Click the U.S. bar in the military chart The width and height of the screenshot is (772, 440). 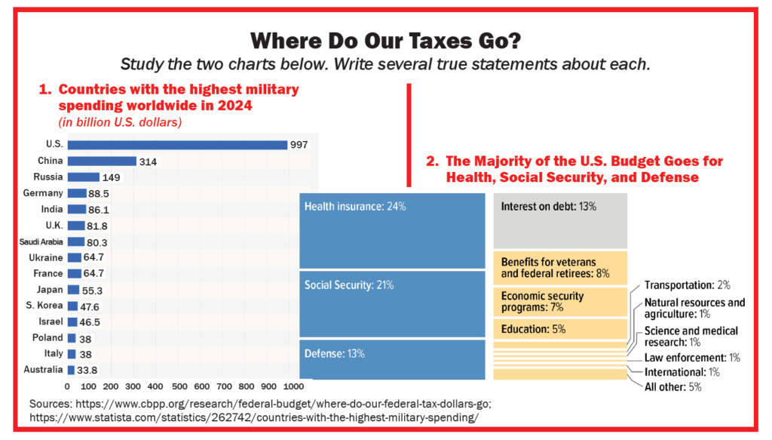pos(177,145)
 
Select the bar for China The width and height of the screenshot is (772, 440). pos(101,161)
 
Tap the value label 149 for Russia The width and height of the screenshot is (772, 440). pos(112,177)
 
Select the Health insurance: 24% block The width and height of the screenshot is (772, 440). pos(392,230)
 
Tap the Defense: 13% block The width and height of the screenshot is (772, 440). pos(392,359)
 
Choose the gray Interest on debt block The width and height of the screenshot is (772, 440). pos(560,220)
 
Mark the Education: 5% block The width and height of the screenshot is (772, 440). pos(560,329)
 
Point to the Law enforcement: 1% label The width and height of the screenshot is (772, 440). pos(691,357)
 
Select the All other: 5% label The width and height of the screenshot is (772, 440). pos(674,387)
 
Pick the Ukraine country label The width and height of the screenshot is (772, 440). pos(48,258)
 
